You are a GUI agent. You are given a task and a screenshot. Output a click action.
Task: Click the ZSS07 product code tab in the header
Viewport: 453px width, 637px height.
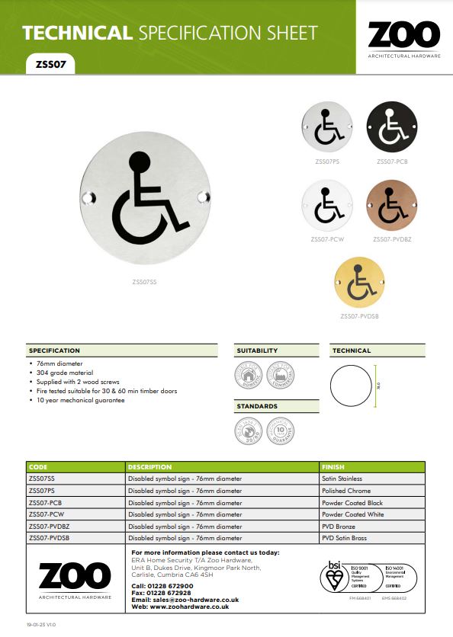50,66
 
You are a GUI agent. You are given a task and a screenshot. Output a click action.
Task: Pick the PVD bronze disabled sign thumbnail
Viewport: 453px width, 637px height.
391,206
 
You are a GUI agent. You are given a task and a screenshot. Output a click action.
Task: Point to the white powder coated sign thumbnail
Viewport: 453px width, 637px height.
327,206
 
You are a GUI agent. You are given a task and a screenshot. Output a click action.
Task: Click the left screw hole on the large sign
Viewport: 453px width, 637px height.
85,198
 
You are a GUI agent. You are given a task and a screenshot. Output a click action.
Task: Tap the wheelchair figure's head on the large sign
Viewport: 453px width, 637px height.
139,162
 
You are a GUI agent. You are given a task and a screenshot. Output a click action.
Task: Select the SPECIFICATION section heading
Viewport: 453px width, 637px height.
54,351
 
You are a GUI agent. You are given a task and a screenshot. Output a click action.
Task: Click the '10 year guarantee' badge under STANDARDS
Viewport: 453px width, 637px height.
281,428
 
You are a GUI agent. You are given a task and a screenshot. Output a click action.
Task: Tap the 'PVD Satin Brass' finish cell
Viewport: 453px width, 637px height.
344,538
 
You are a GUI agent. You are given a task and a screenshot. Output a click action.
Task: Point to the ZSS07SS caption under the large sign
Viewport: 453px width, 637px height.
144,282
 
